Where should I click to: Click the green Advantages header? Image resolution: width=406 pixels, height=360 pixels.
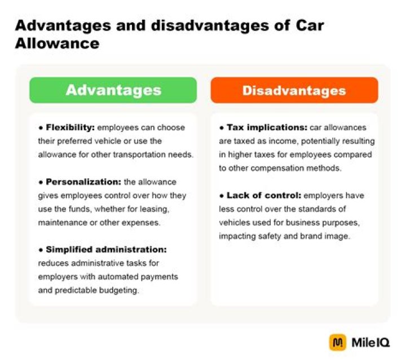(x=113, y=90)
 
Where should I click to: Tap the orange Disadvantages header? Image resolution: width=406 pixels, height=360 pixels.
(x=294, y=90)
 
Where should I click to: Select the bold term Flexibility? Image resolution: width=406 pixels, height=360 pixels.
(x=63, y=128)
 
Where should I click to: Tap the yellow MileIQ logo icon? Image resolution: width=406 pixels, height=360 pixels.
(x=337, y=342)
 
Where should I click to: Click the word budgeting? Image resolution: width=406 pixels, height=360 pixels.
(x=123, y=290)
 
